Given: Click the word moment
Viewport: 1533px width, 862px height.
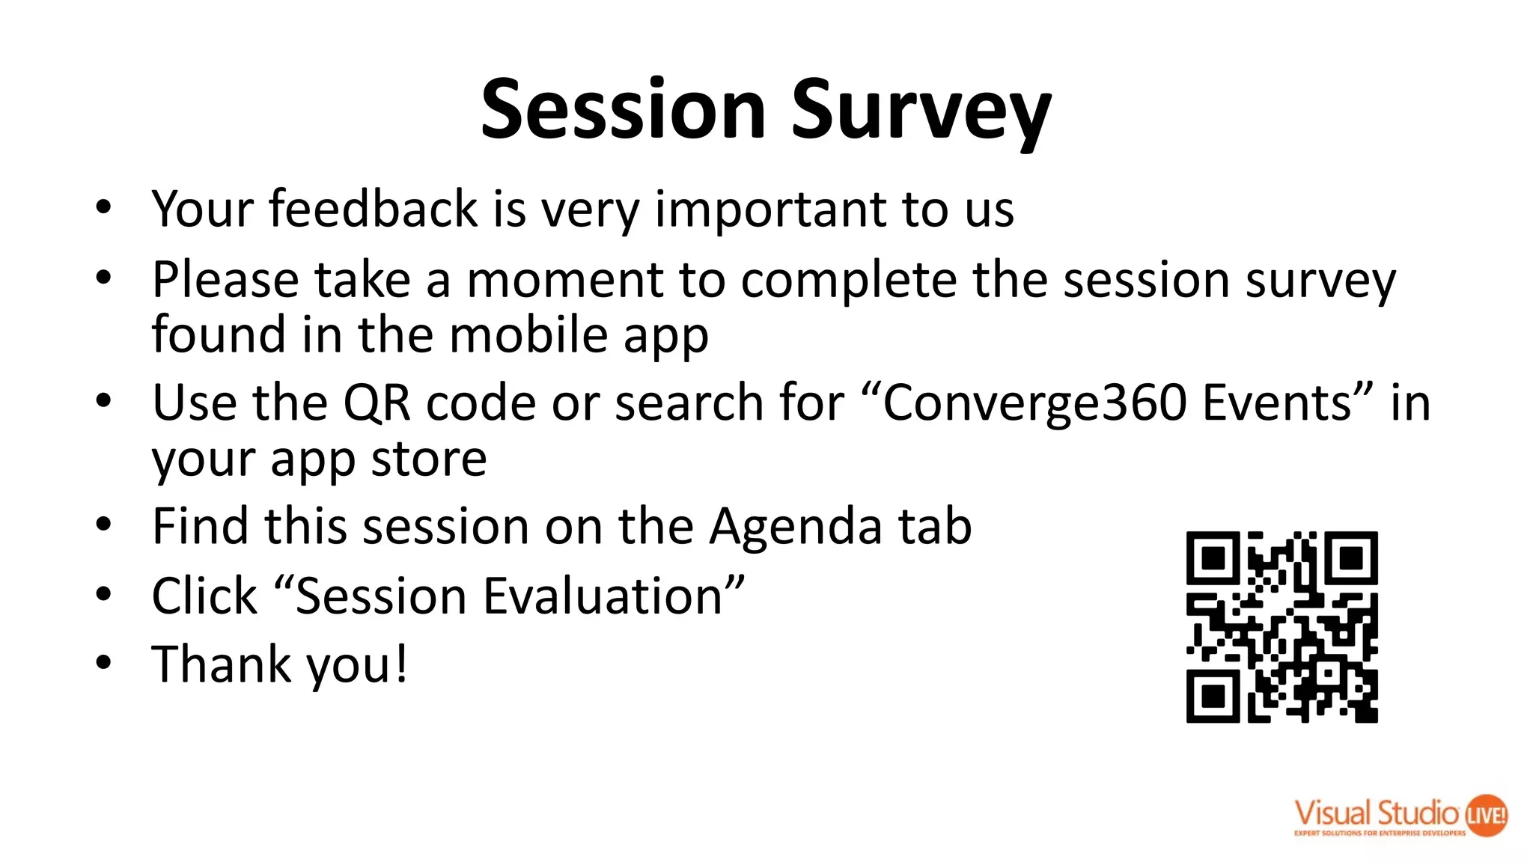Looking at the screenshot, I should pos(564,280).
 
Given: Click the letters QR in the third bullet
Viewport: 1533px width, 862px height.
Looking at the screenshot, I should pos(377,403).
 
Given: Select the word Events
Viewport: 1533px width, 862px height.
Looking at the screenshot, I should pos(1281,403).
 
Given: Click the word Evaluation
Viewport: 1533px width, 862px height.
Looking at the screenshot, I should pos(603,596).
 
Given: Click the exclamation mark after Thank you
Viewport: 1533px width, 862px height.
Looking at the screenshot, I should pos(401,663).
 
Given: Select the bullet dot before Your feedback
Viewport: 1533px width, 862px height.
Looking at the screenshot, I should pos(103,207).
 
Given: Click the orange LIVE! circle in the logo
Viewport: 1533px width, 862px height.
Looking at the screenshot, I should pos(1485,815).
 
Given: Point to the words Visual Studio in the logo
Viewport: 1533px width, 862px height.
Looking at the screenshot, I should pos(1376,813).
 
